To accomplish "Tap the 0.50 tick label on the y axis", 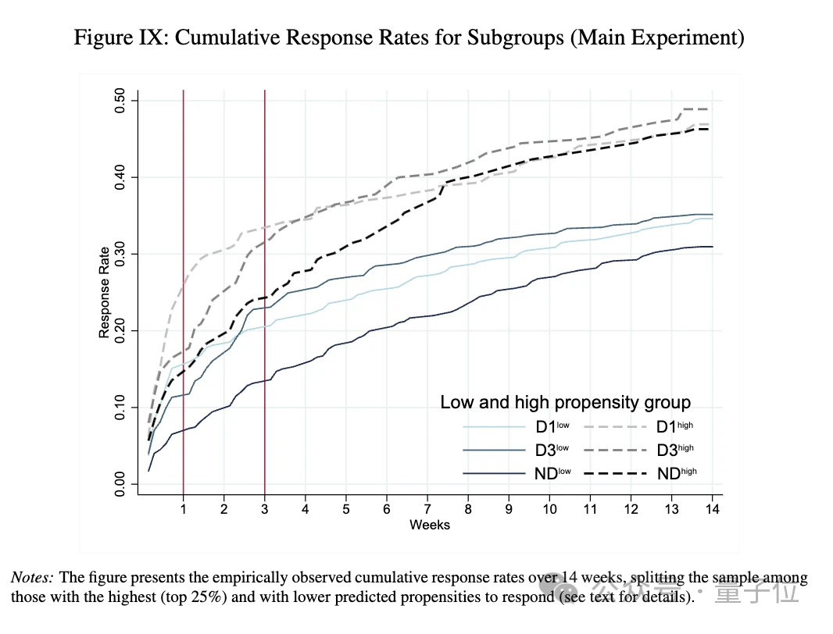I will click(x=120, y=101).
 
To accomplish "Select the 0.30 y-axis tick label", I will click(x=120, y=254).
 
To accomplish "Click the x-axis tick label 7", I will click(x=427, y=509).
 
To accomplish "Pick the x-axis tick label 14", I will click(x=713, y=509).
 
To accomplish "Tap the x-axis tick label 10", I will click(x=549, y=509).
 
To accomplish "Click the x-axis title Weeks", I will click(x=430, y=525).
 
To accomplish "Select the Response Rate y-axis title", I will click(x=104, y=293).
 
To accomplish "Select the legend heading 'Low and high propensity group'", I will click(x=565, y=403).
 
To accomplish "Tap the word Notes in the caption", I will click(x=32, y=579).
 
